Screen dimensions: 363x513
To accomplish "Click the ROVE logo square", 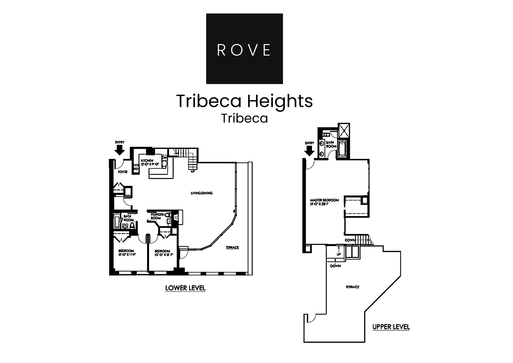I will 244,49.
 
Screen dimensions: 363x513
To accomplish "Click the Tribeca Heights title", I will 244,101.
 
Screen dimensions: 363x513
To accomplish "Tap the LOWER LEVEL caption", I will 185,288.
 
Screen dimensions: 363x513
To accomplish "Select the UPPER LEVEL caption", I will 391,327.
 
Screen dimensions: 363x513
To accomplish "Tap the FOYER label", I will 123,172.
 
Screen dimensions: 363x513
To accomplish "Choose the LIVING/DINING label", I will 201,193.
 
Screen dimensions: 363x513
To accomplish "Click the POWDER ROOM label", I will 157,216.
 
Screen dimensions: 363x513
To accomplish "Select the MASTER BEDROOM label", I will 324,202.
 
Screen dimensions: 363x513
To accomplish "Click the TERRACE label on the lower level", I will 232,247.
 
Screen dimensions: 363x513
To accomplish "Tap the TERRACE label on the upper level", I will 352,287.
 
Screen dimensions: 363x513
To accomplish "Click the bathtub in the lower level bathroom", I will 116,222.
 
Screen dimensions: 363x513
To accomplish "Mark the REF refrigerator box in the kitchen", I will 136,169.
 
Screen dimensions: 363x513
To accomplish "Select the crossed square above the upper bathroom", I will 344,130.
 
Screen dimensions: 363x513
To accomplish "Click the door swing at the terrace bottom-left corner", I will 311,319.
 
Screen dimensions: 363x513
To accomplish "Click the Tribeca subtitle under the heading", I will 244,118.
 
